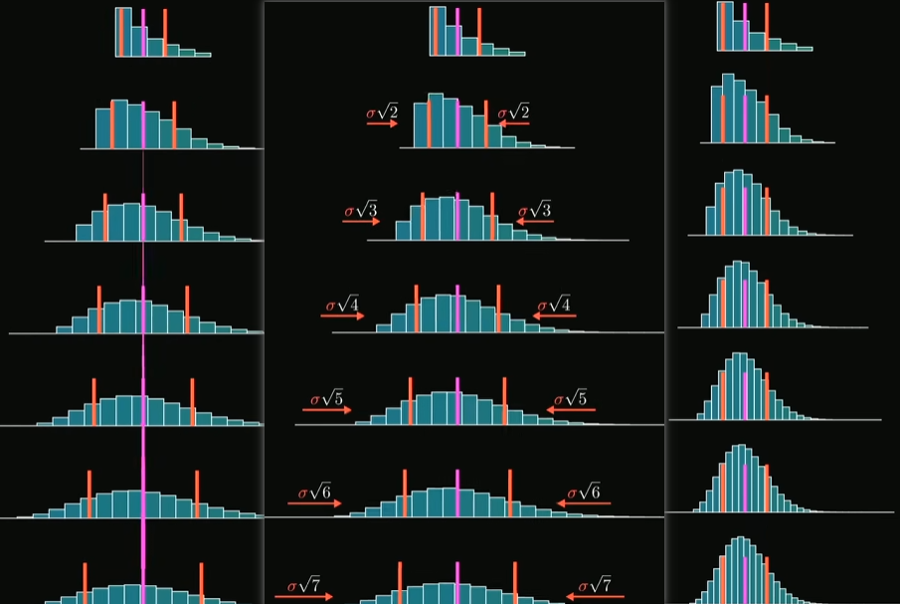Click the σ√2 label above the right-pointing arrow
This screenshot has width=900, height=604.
[382, 112]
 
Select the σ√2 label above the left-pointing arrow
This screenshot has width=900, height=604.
[513, 112]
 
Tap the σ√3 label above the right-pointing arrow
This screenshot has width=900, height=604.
[361, 210]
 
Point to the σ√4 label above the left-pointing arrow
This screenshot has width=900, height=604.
[554, 304]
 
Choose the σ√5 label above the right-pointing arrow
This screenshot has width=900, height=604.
[326, 399]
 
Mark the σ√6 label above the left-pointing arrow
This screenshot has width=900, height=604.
[584, 492]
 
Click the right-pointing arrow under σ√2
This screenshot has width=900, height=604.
[382, 124]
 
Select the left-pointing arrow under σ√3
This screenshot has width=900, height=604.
[533, 222]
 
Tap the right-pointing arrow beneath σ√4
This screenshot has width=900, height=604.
[342, 316]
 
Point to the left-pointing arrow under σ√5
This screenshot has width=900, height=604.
[567, 410]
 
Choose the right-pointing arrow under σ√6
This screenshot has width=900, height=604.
[314, 503]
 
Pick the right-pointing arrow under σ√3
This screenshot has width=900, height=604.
[361, 222]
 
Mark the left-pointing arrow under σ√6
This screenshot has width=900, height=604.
[584, 503]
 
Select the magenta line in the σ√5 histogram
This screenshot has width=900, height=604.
[457, 398]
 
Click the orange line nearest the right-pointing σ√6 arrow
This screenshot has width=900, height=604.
[405, 492]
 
